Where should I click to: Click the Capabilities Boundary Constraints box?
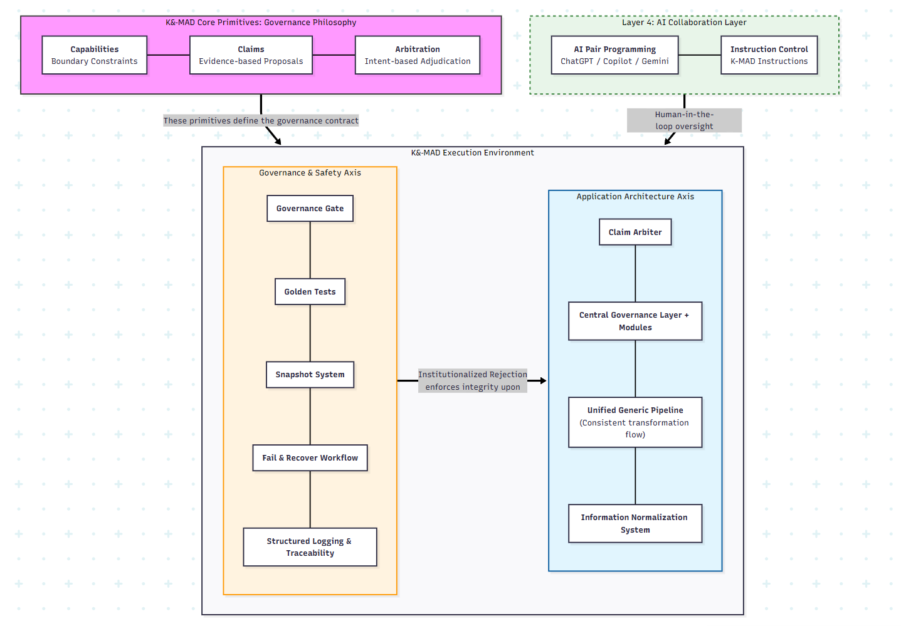[x=94, y=55]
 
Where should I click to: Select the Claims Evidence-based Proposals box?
[x=251, y=55]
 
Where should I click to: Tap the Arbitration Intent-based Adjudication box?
[x=418, y=55]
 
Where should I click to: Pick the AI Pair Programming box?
[x=614, y=55]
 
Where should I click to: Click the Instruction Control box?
[x=769, y=55]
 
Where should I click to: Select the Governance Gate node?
[x=310, y=209]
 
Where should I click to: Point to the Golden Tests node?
[x=310, y=292]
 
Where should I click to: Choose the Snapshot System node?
[x=310, y=375]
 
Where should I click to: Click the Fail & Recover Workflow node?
[x=310, y=458]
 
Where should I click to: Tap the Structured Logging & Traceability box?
[x=310, y=547]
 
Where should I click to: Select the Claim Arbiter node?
[x=635, y=232]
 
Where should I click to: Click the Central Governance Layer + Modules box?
[x=635, y=321]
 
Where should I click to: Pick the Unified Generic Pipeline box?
[x=635, y=422]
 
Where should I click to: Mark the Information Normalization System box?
[x=635, y=524]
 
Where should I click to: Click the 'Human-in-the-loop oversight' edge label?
[x=684, y=120]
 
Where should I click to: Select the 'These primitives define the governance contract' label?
[x=261, y=121]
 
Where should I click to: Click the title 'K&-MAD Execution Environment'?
[x=472, y=153]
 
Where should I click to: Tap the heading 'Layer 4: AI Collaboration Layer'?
[x=684, y=23]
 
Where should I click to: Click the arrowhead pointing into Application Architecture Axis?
[x=543, y=380]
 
